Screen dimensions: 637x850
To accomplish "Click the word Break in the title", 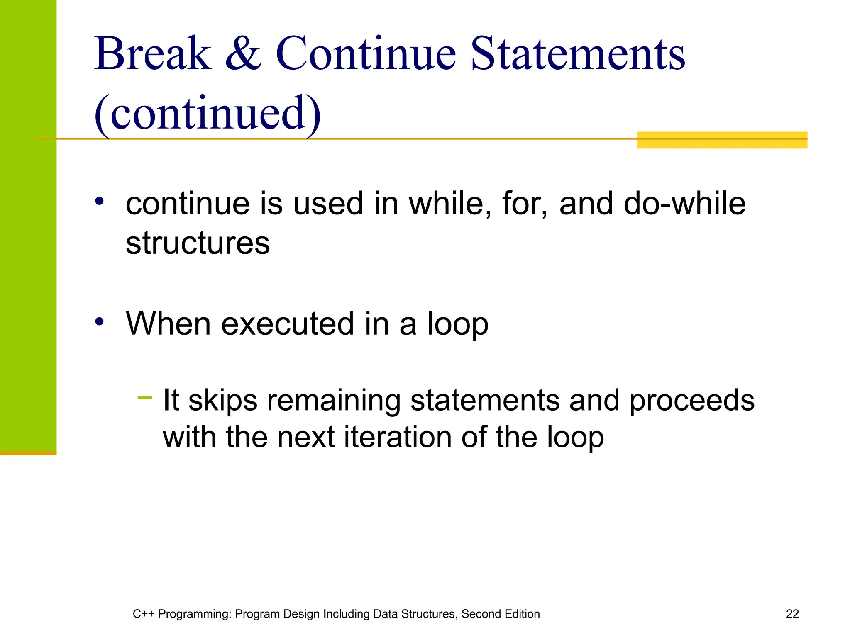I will click(x=153, y=54).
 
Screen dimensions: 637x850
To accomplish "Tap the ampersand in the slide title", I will click(x=244, y=54).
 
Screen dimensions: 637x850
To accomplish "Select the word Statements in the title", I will click(x=578, y=54).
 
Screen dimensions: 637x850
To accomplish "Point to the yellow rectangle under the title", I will click(x=722, y=140).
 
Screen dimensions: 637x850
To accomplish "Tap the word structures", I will click(x=198, y=243).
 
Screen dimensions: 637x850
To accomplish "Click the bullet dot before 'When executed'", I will click(x=99, y=321).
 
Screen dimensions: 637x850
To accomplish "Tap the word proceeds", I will click(x=691, y=401).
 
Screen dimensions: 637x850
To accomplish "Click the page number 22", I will click(x=792, y=614).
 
